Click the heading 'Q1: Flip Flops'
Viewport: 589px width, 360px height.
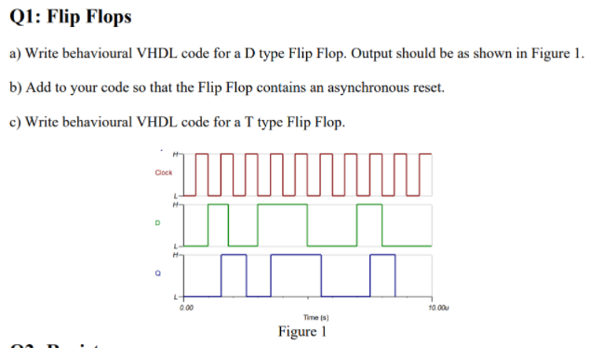coord(70,17)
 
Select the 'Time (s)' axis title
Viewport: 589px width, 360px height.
coord(302,317)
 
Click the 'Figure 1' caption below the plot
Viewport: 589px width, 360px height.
coord(302,332)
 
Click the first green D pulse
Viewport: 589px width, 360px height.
coord(219,223)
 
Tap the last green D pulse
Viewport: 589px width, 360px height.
coord(371,223)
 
